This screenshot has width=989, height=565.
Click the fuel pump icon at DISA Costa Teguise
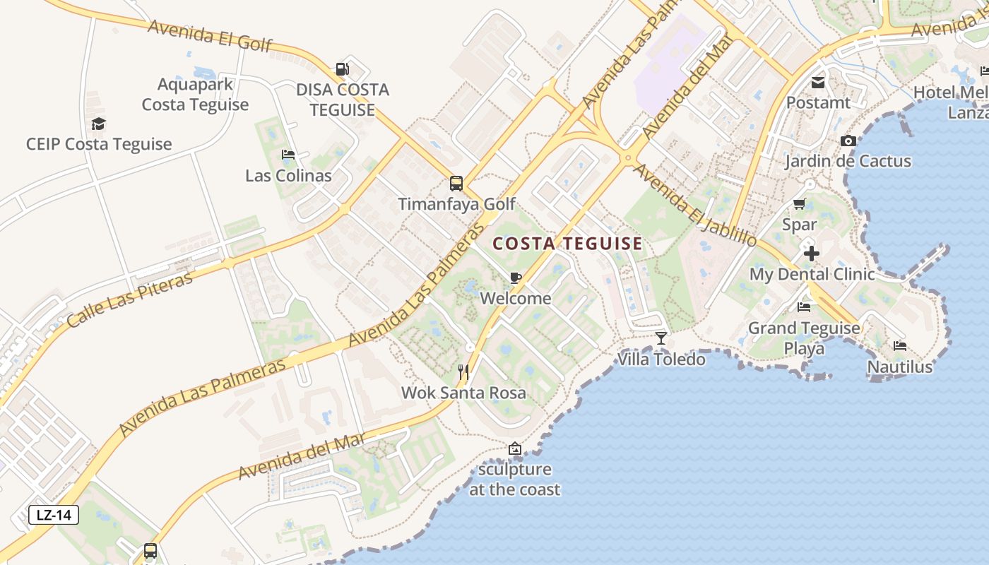pyautogui.click(x=342, y=69)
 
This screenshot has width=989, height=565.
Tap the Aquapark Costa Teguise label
pyautogui.click(x=195, y=95)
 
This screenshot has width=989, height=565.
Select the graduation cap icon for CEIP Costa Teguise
pyautogui.click(x=98, y=124)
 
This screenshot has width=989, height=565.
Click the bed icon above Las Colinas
pyautogui.click(x=288, y=155)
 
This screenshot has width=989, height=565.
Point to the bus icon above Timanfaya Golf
pyautogui.click(x=456, y=184)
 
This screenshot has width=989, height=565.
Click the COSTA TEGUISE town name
pyautogui.click(x=567, y=244)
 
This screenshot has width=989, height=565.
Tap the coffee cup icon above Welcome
pyautogui.click(x=516, y=278)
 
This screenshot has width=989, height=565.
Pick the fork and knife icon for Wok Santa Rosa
pyautogui.click(x=463, y=371)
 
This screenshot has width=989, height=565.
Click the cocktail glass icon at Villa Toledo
pyautogui.click(x=661, y=338)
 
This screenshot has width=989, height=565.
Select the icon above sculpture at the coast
pyautogui.click(x=515, y=448)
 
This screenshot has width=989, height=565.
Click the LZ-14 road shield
pyautogui.click(x=54, y=515)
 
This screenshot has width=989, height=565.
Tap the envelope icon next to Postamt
pyautogui.click(x=818, y=82)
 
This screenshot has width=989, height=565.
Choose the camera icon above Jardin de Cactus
pyautogui.click(x=848, y=141)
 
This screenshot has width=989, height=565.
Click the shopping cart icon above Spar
pyautogui.click(x=799, y=204)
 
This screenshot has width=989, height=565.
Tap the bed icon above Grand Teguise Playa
pyautogui.click(x=804, y=307)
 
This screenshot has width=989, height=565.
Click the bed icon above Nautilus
pyautogui.click(x=900, y=346)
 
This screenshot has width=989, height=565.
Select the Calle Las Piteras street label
pyautogui.click(x=130, y=300)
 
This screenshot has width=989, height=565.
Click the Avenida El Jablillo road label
pyautogui.click(x=695, y=206)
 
